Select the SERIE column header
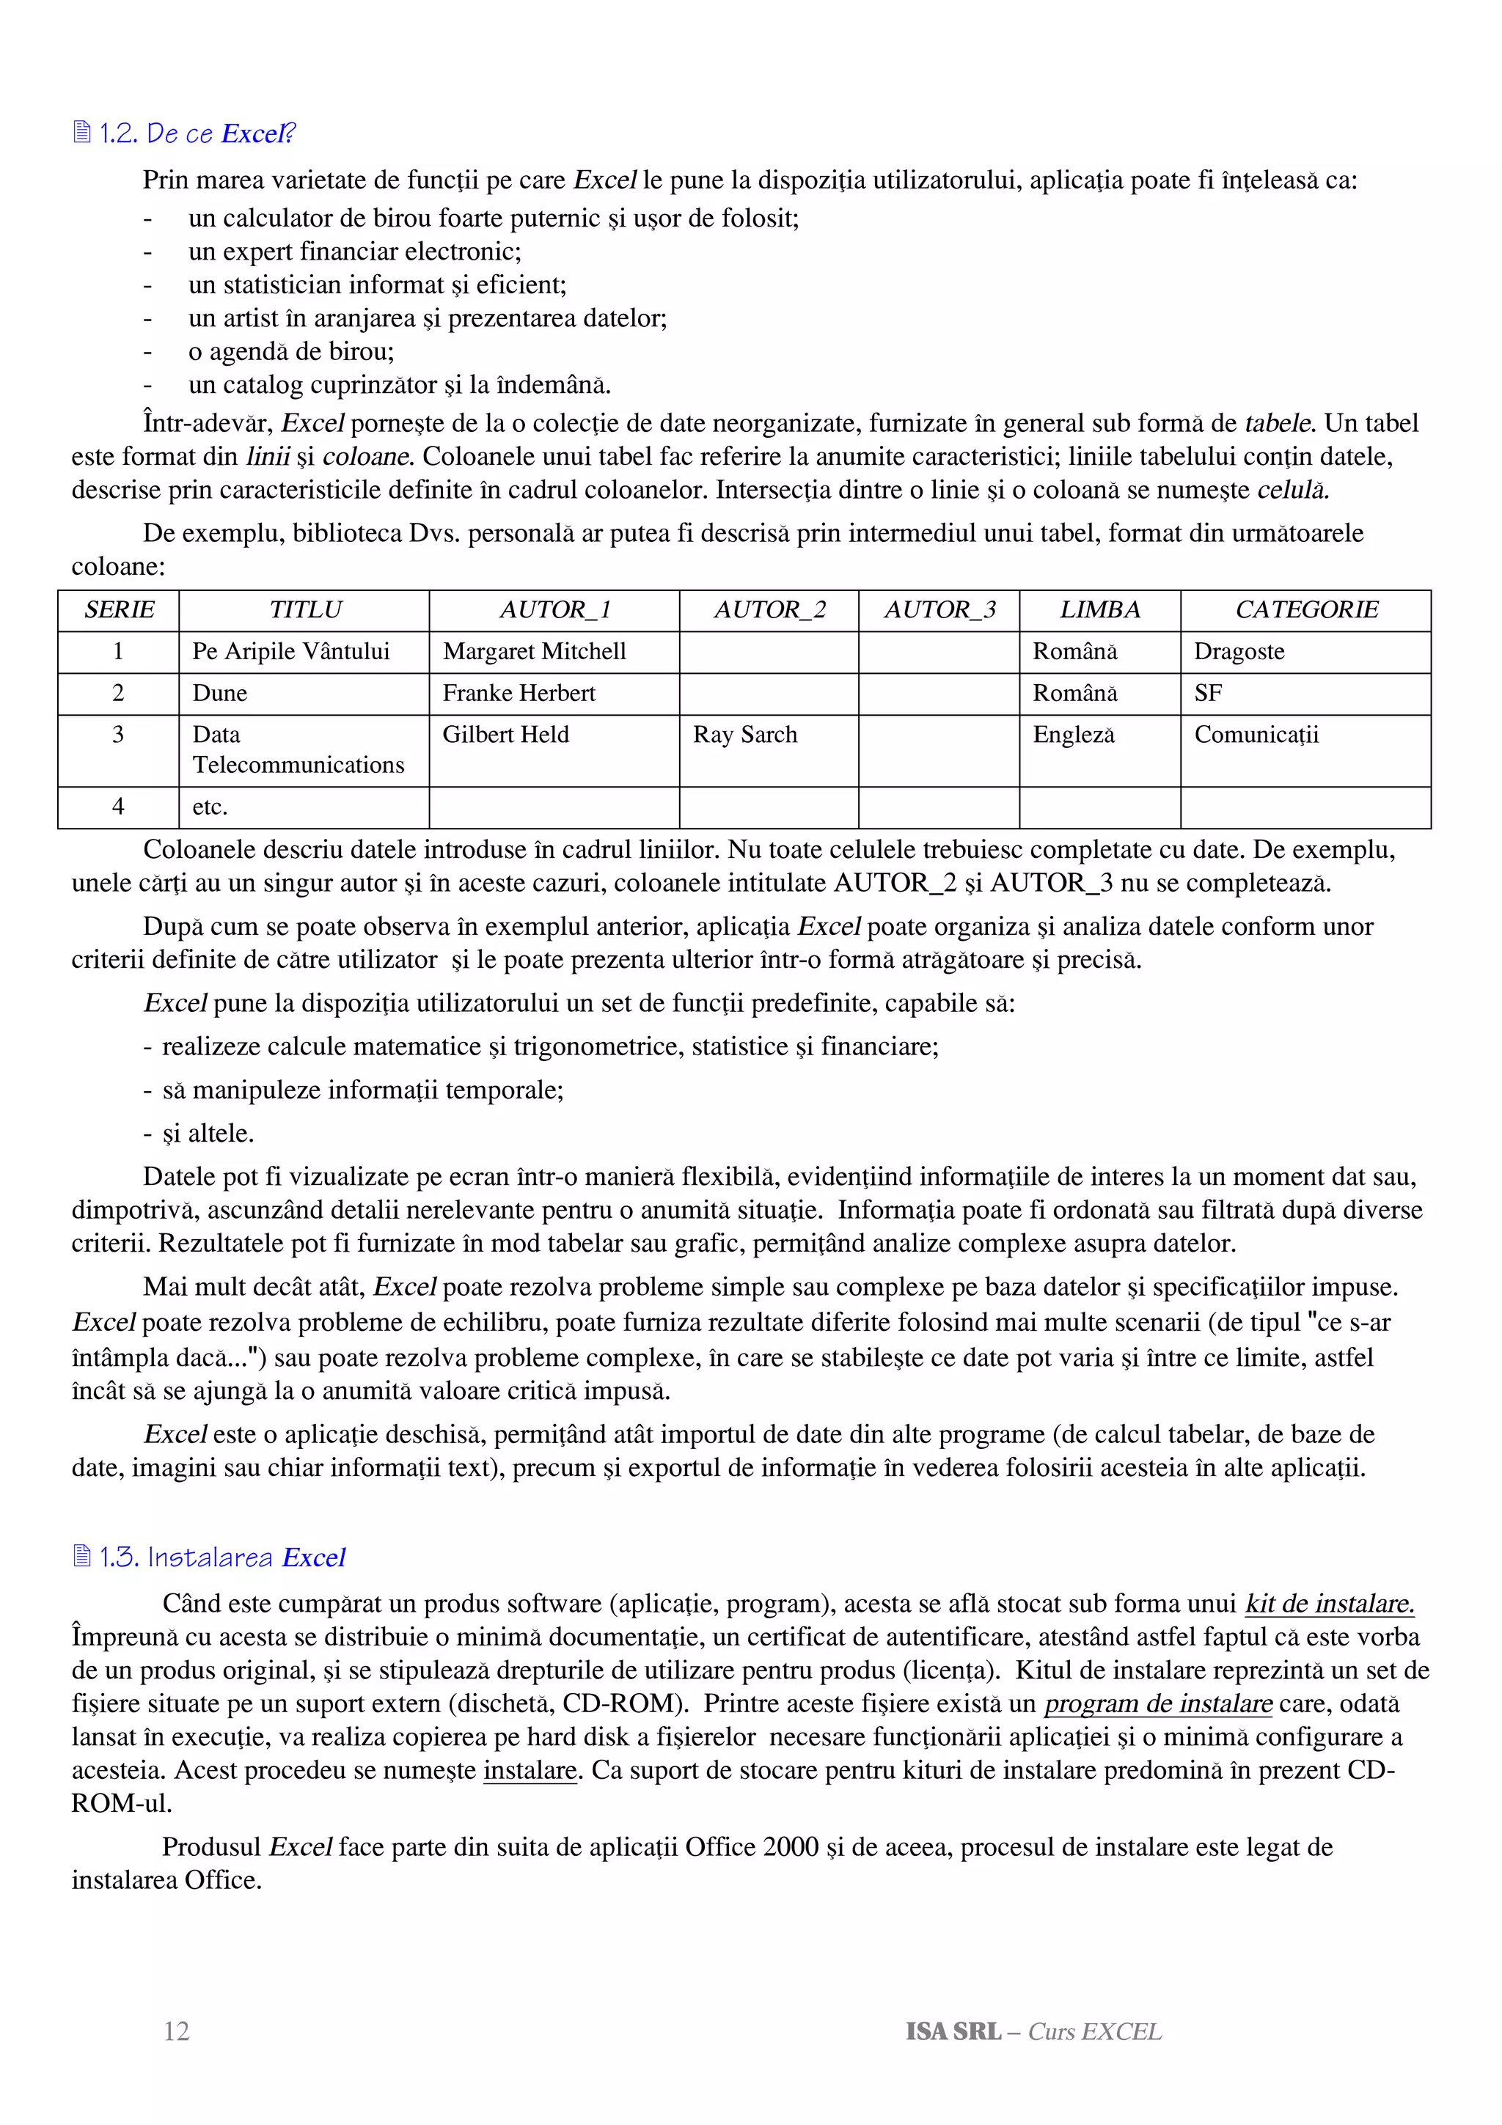point(119,610)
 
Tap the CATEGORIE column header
point(1305,610)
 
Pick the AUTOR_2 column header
point(769,610)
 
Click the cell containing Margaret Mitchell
point(534,652)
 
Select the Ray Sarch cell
point(745,735)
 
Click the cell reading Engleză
point(1074,735)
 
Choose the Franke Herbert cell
point(519,693)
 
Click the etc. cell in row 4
point(210,807)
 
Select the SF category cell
point(1208,693)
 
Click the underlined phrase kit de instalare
point(1330,1604)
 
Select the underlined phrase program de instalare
point(1158,1704)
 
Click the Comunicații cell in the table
point(1256,735)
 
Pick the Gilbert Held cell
point(505,735)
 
